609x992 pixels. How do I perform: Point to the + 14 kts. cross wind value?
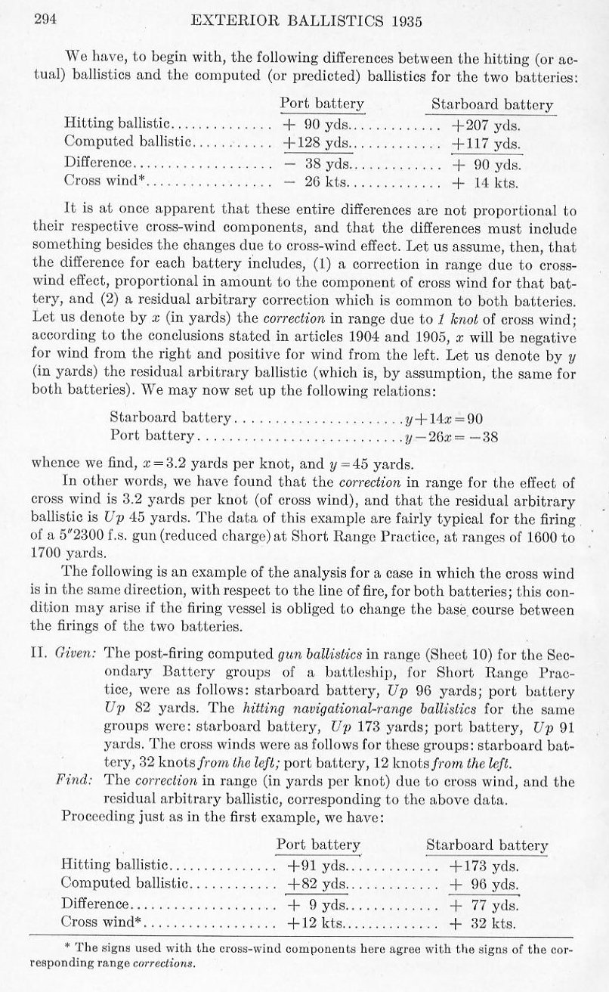(x=487, y=181)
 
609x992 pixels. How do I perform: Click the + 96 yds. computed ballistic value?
(x=484, y=884)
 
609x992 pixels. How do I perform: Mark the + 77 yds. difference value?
(x=484, y=904)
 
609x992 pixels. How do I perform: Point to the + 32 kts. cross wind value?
(x=483, y=923)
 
